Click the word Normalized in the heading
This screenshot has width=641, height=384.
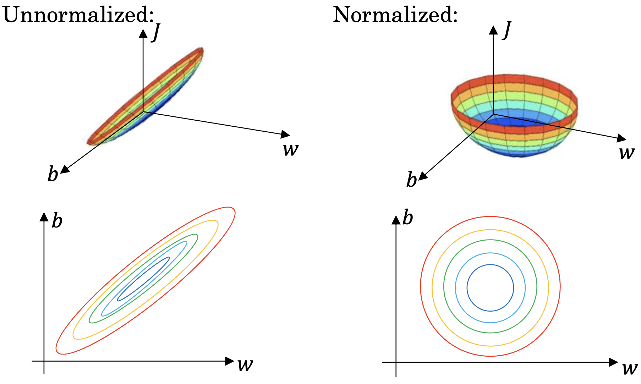point(395,15)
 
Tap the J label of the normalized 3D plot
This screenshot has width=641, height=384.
point(507,30)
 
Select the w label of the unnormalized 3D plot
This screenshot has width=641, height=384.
point(291,149)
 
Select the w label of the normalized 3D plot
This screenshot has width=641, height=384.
point(626,153)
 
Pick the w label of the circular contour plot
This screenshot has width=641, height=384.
point(630,368)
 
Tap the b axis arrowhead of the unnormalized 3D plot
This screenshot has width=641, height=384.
point(64,170)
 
